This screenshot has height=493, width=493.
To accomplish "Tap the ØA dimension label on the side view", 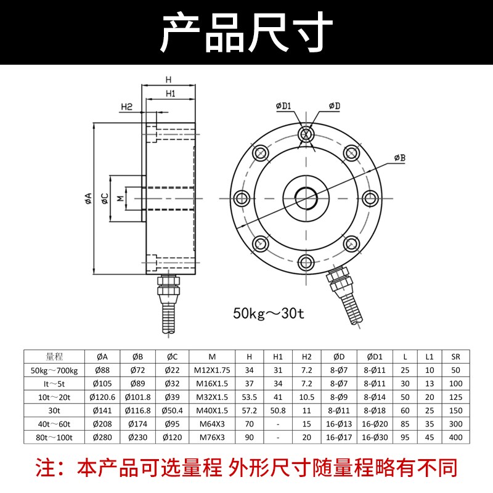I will click(88, 197).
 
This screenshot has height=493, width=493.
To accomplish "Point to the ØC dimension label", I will click(105, 198).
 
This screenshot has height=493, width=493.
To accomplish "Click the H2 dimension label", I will click(126, 107).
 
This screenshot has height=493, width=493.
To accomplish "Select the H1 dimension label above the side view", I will click(171, 94).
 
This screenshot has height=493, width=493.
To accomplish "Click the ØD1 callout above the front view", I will click(283, 106).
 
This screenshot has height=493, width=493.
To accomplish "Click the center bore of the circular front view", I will click(306, 197).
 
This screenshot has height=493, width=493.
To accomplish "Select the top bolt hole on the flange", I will click(306, 134).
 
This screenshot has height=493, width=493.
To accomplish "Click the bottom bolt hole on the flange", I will click(306, 261).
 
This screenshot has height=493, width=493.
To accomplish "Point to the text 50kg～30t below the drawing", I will click(269, 313).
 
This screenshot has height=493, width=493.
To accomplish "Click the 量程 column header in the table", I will click(55, 356).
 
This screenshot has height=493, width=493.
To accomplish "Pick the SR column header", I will click(455, 356).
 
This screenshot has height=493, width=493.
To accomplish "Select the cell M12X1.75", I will click(211, 370).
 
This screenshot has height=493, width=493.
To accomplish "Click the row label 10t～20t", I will click(55, 397).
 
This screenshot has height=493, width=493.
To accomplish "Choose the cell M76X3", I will click(211, 438).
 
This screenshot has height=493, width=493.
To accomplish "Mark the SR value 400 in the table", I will click(455, 438).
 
